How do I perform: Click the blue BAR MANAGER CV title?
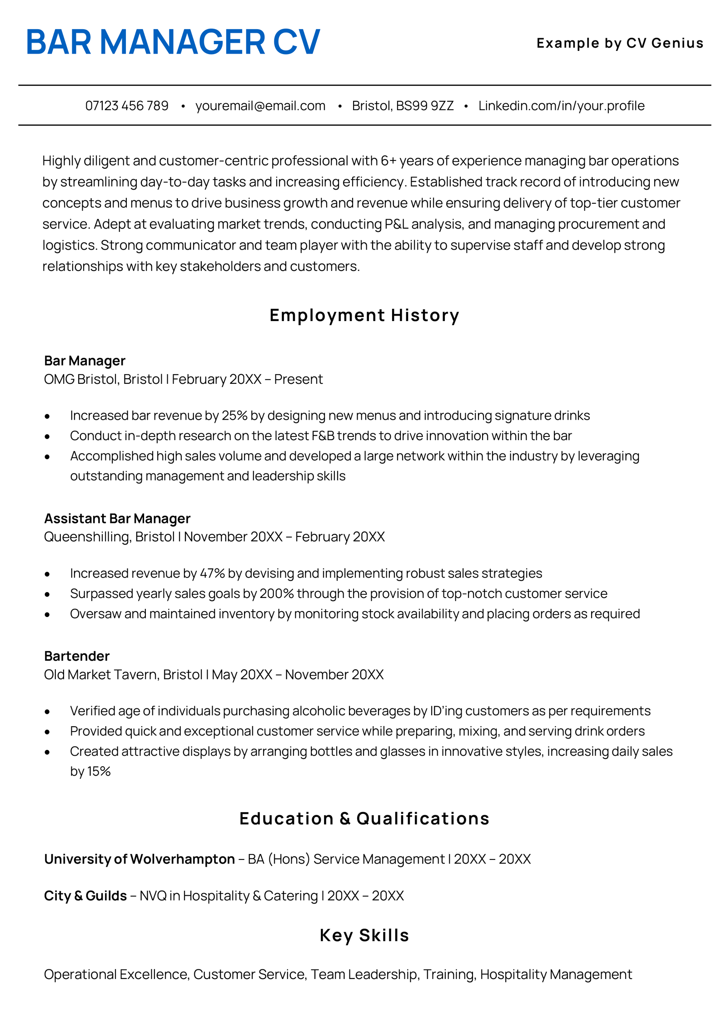click(173, 42)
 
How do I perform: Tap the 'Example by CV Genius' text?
click(619, 43)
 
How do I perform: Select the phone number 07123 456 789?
click(127, 105)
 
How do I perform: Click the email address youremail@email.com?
click(260, 105)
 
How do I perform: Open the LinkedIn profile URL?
click(561, 105)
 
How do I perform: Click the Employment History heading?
click(364, 315)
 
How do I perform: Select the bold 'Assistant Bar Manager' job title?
click(117, 518)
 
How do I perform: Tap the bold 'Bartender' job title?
click(77, 656)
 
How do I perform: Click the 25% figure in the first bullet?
click(234, 416)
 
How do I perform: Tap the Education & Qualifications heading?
click(364, 818)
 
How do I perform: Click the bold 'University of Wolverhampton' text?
click(139, 859)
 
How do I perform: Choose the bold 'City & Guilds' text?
click(85, 896)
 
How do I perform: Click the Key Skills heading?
click(364, 935)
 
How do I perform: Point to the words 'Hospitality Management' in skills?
click(555, 974)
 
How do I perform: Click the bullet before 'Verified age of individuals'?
click(47, 712)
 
